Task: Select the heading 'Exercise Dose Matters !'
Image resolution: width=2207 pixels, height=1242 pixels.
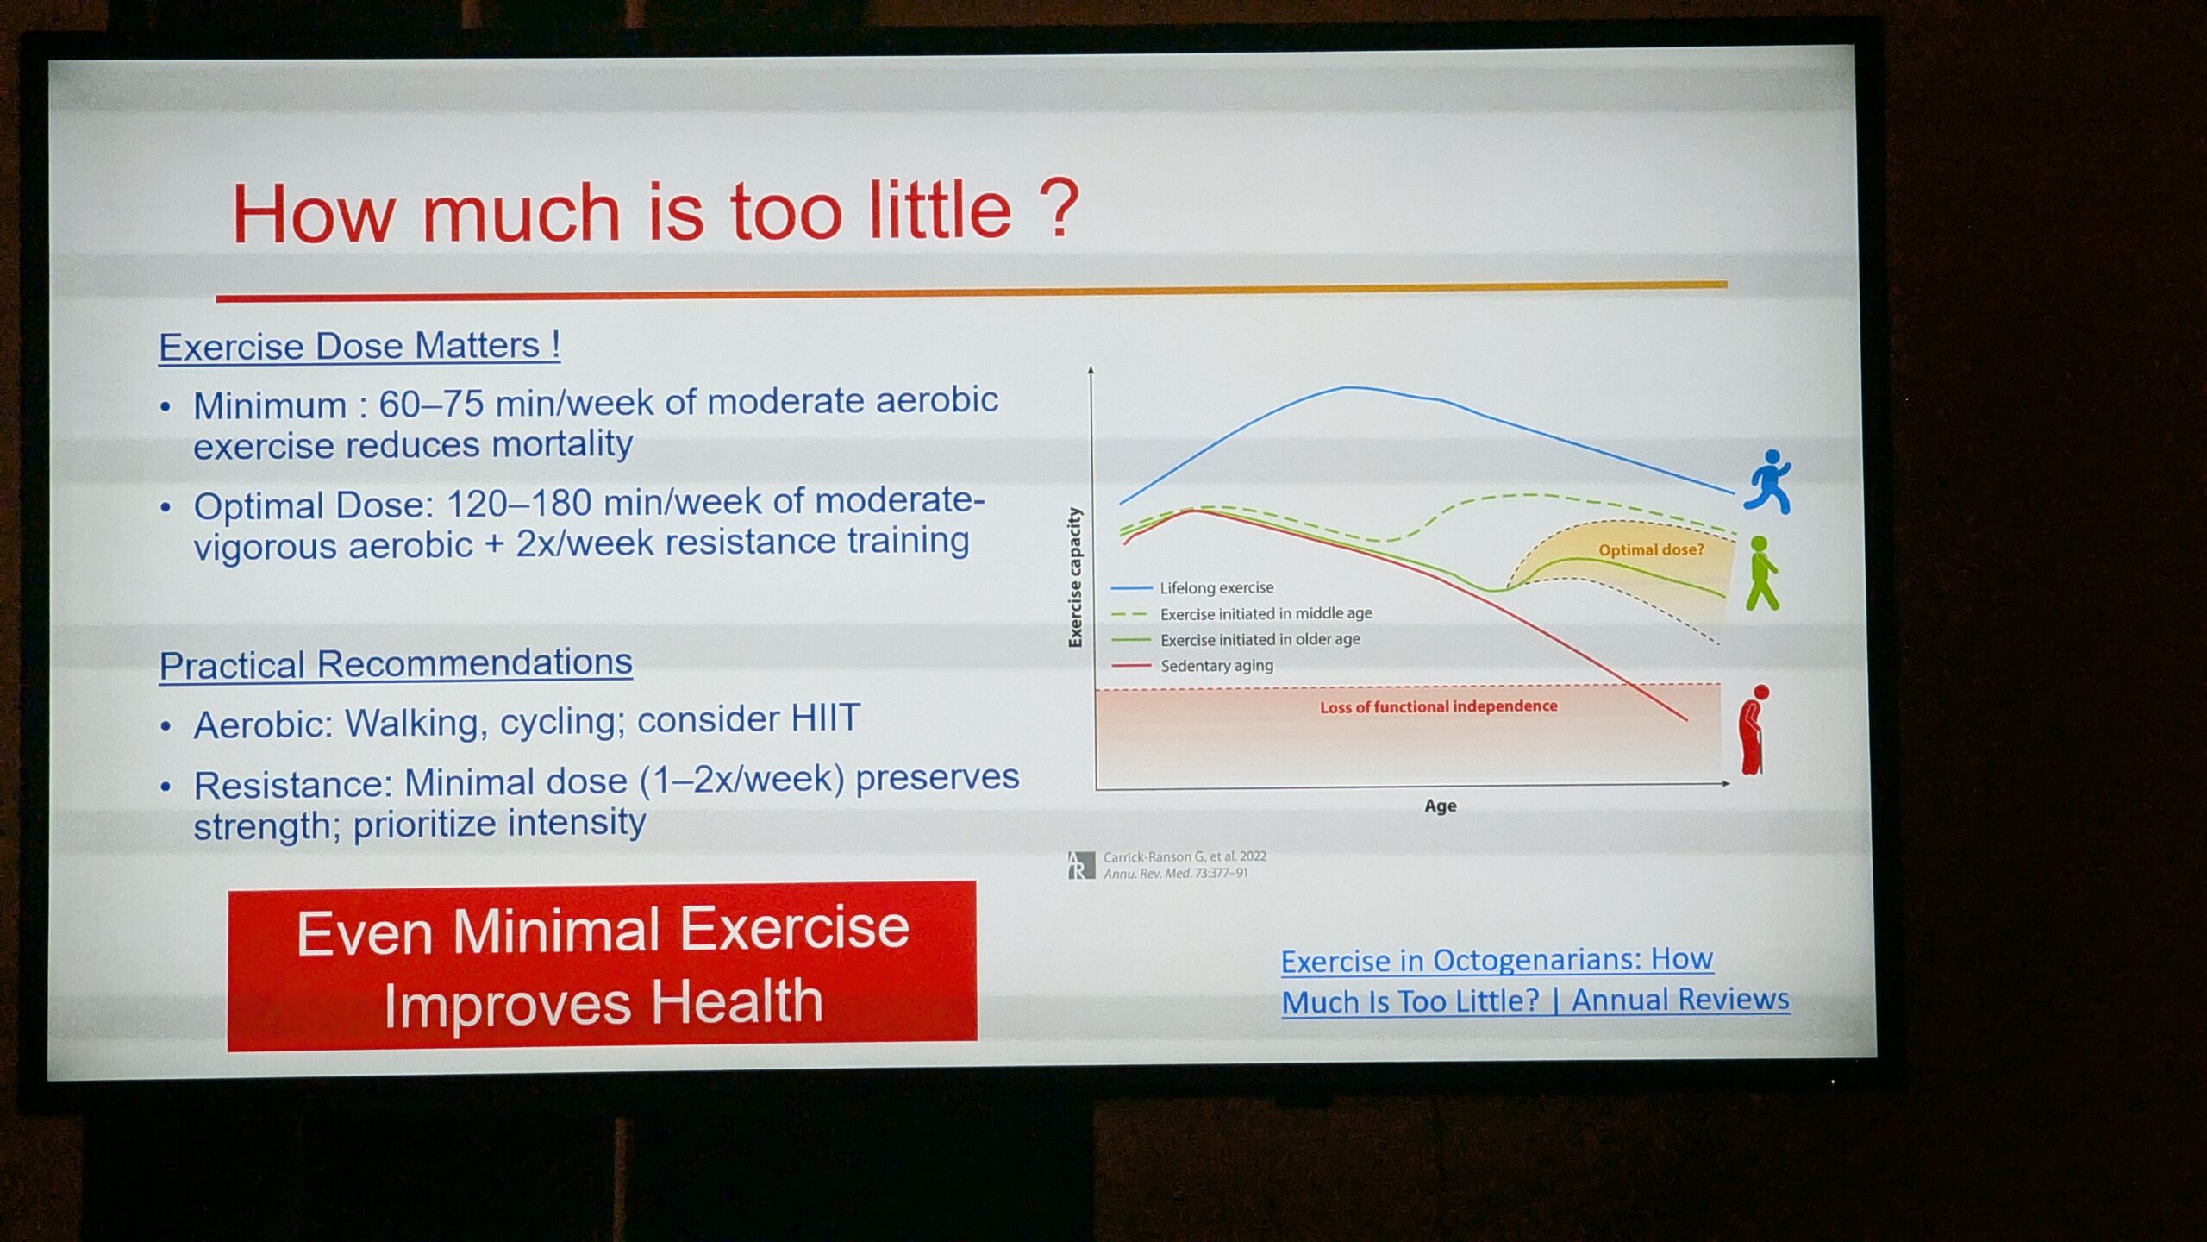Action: click(x=359, y=346)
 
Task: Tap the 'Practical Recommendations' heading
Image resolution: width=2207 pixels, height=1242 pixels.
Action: click(x=396, y=664)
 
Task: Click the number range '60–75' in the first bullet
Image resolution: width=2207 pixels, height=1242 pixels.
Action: click(x=432, y=403)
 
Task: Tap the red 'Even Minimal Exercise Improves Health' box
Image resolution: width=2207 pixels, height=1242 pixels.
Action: click(x=602, y=965)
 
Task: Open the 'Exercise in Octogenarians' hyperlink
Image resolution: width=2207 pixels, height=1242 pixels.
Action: click(x=1535, y=980)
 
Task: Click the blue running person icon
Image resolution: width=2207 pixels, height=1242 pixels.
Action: click(x=1768, y=481)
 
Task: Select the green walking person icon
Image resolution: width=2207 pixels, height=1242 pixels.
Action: click(x=1762, y=573)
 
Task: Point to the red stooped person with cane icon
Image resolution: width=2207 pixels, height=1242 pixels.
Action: click(x=1753, y=730)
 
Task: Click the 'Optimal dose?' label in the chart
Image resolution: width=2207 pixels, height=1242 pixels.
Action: click(x=1651, y=549)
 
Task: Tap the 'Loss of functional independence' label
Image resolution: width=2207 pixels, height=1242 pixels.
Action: click(x=1438, y=706)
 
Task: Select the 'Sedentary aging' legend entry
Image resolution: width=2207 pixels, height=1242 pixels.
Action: click(x=1192, y=666)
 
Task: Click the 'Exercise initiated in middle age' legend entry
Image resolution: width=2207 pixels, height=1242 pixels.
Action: click(x=1241, y=614)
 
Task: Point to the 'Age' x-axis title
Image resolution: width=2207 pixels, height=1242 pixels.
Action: click(x=1441, y=806)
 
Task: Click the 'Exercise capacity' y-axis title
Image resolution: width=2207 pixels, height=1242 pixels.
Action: click(x=1074, y=577)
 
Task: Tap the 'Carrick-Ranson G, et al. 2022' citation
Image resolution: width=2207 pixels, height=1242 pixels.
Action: click(x=1185, y=856)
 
